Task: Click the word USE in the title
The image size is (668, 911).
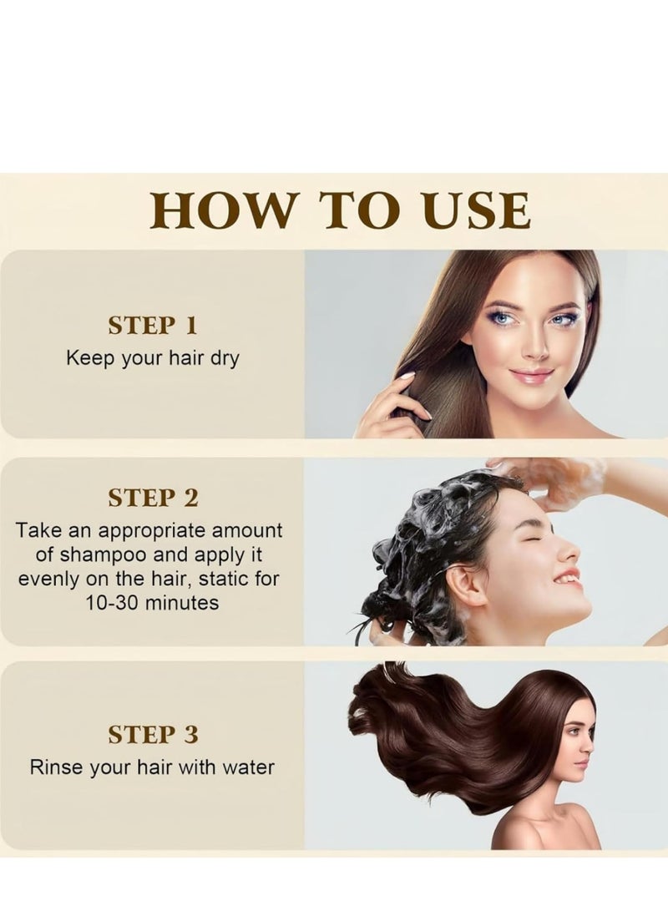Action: pyautogui.click(x=482, y=210)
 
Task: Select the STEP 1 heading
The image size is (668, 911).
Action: pyautogui.click(x=153, y=326)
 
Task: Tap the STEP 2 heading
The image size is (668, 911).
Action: pyautogui.click(x=153, y=499)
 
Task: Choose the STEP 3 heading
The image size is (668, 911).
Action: pyautogui.click(x=153, y=735)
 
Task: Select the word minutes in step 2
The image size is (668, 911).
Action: pyautogui.click(x=182, y=601)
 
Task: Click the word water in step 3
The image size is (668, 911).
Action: pyautogui.click(x=248, y=767)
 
